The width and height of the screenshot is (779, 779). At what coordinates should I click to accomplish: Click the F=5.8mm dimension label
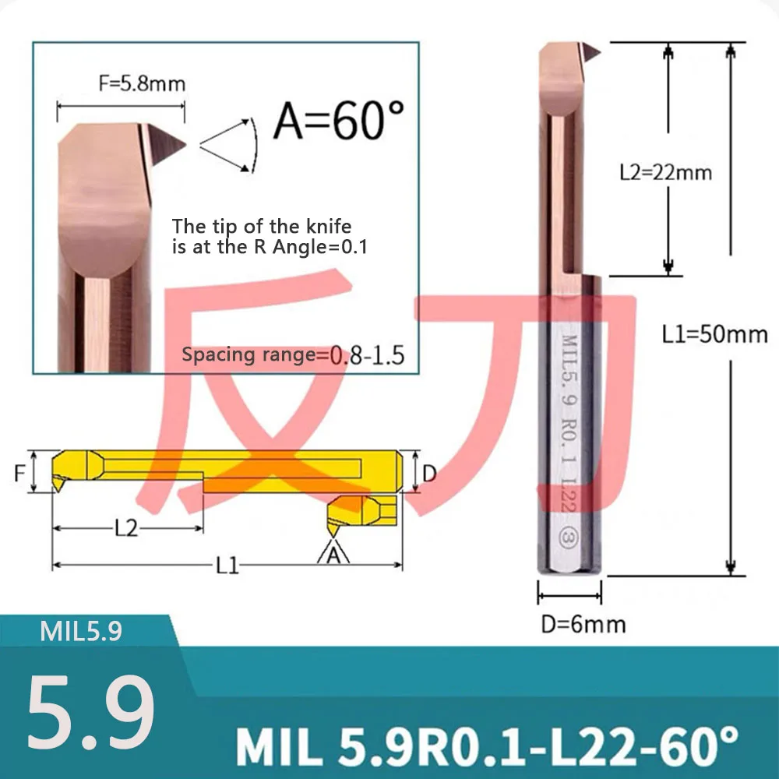(142, 83)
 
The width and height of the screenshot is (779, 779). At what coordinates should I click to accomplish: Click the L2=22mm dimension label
(665, 171)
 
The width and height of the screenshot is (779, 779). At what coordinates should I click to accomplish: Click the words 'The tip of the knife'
(262, 227)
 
